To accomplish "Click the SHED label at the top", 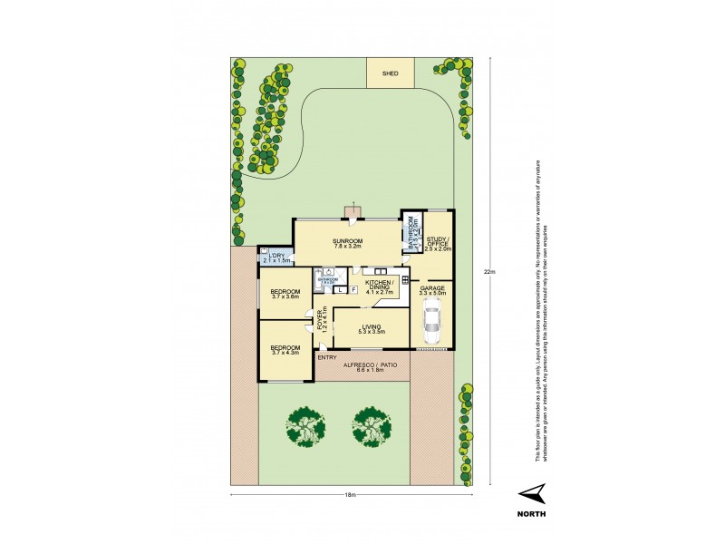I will click(x=391, y=73).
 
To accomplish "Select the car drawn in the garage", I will click(x=432, y=320).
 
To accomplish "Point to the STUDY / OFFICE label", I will click(x=439, y=244).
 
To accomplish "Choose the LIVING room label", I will click(x=372, y=328).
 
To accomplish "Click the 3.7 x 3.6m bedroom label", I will click(x=285, y=295).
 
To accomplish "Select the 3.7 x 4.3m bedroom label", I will click(x=285, y=349).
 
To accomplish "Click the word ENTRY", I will click(x=326, y=357).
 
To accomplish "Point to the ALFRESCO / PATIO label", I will click(x=371, y=366).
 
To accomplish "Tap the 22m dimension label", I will click(x=489, y=271).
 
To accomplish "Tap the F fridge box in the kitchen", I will click(x=352, y=290).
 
